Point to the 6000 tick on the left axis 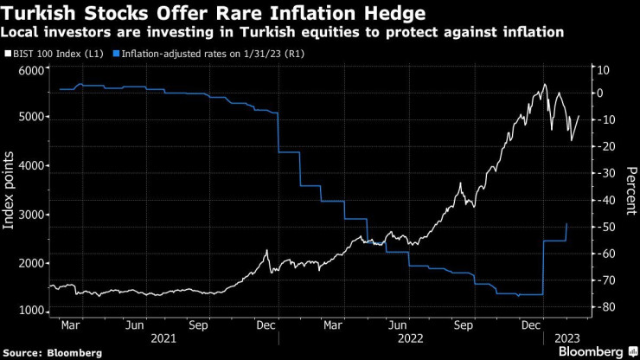pos(31,71)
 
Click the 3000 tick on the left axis pos(31,215)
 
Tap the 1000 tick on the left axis pos(31,311)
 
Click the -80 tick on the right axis pos(605,307)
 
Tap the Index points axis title pos(10,190)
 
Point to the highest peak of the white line pos(544,84)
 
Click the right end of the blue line pos(566,224)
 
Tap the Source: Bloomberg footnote pos(51,353)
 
